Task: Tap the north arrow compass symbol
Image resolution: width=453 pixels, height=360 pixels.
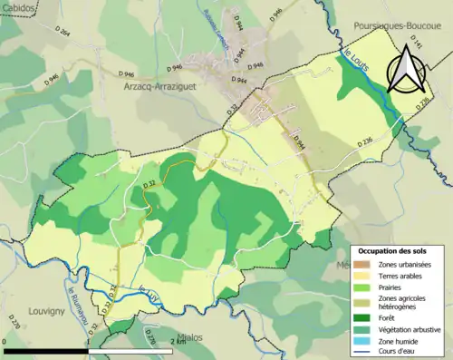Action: (x=407, y=69)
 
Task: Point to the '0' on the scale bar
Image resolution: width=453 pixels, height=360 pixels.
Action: (x=5, y=342)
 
